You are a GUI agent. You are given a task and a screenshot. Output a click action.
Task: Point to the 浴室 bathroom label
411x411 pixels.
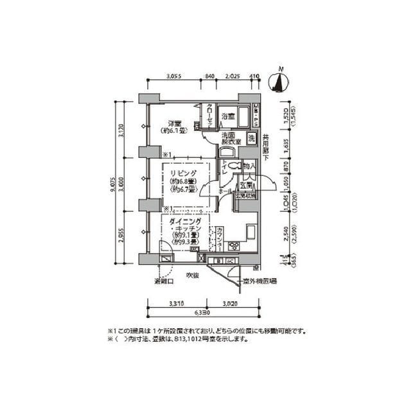coord(227,116)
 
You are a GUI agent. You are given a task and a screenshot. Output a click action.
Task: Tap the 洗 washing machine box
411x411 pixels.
coord(252,138)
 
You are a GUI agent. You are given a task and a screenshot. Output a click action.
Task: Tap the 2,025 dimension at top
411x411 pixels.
coord(232,76)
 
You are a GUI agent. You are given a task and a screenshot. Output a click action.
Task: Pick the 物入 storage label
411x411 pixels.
coord(249,166)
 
